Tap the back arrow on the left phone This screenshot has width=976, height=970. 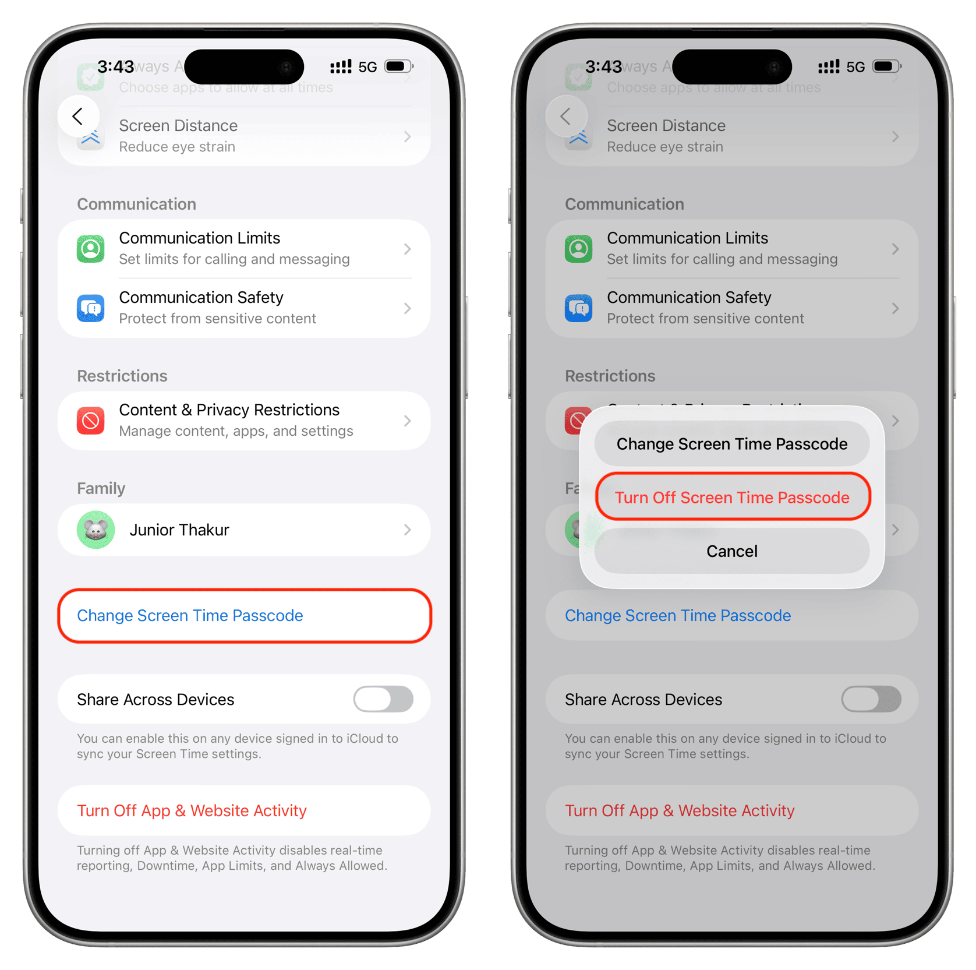tap(78, 116)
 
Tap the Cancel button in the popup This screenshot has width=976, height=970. tap(731, 551)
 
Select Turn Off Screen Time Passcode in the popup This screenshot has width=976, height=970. tap(731, 498)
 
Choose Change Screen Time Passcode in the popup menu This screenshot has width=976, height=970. tap(731, 444)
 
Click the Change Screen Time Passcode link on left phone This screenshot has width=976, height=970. tap(190, 615)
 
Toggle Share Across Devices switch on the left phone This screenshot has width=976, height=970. tap(383, 699)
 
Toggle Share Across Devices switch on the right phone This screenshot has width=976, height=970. tap(871, 699)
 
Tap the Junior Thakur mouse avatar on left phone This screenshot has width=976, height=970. tap(96, 530)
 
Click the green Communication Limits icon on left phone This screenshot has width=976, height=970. tap(91, 249)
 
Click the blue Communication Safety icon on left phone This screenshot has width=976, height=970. tap(91, 308)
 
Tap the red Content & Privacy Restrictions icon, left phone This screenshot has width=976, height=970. tap(91, 421)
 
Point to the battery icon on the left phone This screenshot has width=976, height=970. tap(398, 66)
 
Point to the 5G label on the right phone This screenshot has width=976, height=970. tap(855, 67)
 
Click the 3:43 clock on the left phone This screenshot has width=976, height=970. tap(115, 67)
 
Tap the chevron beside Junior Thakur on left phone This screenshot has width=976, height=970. tap(408, 530)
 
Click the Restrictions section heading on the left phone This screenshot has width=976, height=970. tap(122, 376)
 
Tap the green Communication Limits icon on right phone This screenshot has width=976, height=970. tap(579, 249)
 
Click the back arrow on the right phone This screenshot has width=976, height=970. tap(566, 116)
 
